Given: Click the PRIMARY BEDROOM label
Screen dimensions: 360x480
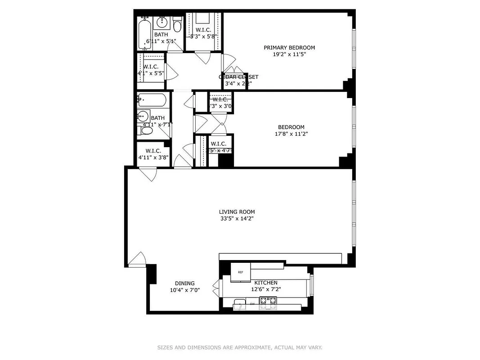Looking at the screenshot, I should [289, 48].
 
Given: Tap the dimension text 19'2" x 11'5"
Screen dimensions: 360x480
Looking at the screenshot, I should [289, 54].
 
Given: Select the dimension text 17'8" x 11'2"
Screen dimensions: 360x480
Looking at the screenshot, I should [291, 134].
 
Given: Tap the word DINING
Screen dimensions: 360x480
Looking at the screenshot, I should [184, 283].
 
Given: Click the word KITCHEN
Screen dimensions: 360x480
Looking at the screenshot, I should [266, 283].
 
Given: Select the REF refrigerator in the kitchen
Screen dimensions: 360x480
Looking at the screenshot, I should [240, 272].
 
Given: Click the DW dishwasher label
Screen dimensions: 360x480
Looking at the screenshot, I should [252, 304].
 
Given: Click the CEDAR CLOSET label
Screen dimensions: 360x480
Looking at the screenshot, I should [238, 77].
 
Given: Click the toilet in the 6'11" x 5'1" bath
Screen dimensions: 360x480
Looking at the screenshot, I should [177, 25].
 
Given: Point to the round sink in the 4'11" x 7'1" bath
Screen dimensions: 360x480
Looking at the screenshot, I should [143, 116].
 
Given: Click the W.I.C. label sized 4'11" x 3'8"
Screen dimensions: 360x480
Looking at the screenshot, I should [153, 151].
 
